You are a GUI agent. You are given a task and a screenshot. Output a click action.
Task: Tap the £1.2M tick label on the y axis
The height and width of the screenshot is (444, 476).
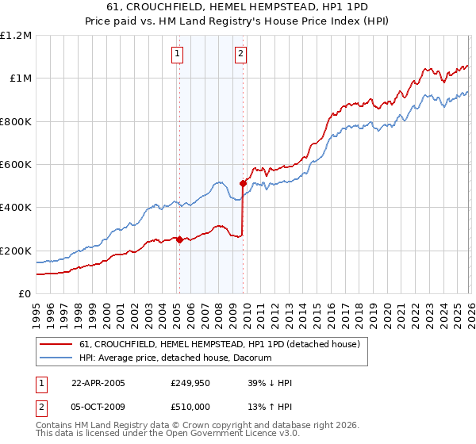[x=16, y=36]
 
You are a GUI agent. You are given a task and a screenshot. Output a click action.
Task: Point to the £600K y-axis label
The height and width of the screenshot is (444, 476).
[x=16, y=165]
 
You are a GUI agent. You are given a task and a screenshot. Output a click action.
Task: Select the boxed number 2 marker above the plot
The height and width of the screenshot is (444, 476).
[x=240, y=54]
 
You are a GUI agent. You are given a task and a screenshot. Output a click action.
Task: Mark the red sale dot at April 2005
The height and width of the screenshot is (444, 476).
[x=180, y=239]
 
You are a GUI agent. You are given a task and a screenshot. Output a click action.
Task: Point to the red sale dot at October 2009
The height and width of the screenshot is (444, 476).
[x=243, y=184]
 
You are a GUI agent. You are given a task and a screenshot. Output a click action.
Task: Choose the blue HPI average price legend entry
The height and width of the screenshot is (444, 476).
[x=175, y=358]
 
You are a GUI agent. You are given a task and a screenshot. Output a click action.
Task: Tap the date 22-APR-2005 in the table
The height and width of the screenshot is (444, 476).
[x=98, y=382]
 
